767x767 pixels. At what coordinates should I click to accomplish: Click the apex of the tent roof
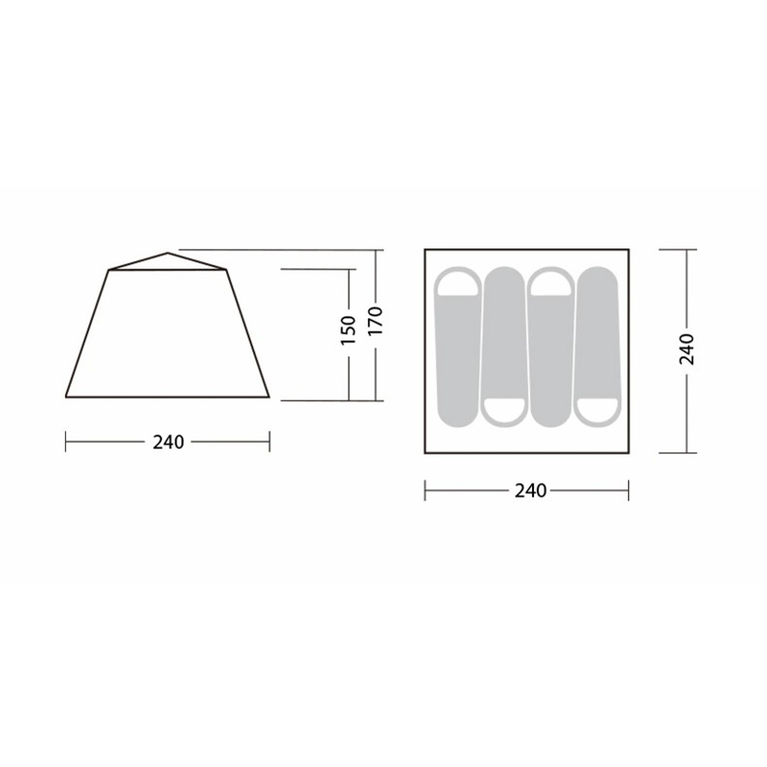[168, 253]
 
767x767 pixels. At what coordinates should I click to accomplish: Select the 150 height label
[348, 330]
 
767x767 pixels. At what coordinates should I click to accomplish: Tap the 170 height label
[375, 321]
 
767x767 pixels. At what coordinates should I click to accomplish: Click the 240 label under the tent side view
[169, 442]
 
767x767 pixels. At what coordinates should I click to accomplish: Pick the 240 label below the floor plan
[530, 491]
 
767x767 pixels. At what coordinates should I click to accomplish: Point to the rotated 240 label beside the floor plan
[686, 349]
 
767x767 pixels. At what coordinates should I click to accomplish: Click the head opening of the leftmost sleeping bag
[458, 283]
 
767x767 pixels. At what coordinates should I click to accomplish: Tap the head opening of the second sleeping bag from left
[504, 411]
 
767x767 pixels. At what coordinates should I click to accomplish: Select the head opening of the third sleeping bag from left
[551, 283]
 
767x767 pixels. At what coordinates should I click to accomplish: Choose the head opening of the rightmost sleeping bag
[596, 411]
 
